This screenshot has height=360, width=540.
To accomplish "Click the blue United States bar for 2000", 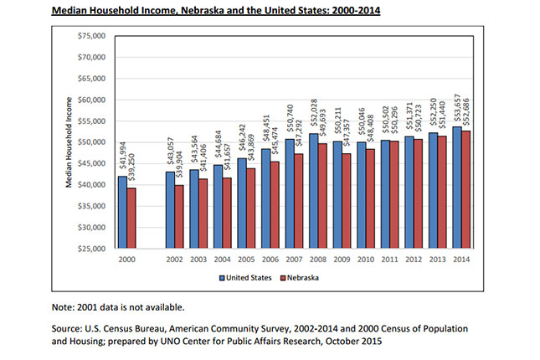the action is (122, 212).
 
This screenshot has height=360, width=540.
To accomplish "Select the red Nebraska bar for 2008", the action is (322, 196).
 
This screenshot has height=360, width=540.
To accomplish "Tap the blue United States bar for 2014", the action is (457, 188).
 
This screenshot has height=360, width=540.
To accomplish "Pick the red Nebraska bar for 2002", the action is (179, 217).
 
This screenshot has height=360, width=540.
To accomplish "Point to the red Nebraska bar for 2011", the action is (394, 194).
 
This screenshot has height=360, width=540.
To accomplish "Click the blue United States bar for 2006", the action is (266, 198).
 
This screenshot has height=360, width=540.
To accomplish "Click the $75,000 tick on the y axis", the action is (91, 36).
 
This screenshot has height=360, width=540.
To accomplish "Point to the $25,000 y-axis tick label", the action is (91, 249).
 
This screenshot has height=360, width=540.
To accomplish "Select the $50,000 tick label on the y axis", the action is (91, 142).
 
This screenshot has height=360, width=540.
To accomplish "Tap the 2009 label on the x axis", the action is (342, 260).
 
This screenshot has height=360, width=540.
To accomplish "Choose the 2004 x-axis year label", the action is (222, 260).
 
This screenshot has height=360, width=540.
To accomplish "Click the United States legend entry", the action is (245, 278).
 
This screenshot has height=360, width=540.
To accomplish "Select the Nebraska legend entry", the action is (300, 278).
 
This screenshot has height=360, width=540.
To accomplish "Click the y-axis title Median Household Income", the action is (69, 142).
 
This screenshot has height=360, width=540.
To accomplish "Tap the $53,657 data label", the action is (457, 107).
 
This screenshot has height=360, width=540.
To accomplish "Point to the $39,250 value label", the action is (131, 167).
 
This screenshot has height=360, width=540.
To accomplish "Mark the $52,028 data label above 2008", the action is (314, 113).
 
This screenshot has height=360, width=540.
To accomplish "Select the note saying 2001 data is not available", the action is (118, 307).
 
